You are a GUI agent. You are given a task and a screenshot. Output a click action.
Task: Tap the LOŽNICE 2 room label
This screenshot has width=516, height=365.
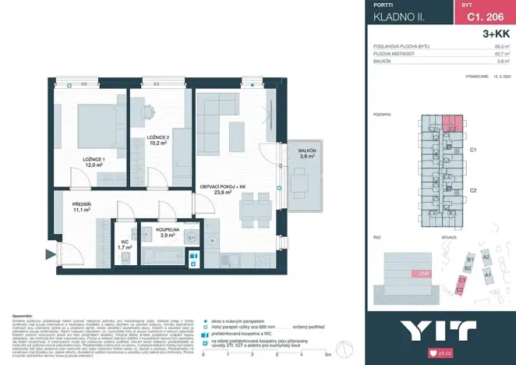(x=157, y=137)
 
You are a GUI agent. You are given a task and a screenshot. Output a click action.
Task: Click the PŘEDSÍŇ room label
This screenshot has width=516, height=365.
(x=83, y=204)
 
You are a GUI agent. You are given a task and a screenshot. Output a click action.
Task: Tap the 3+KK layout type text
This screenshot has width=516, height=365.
(x=497, y=34)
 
